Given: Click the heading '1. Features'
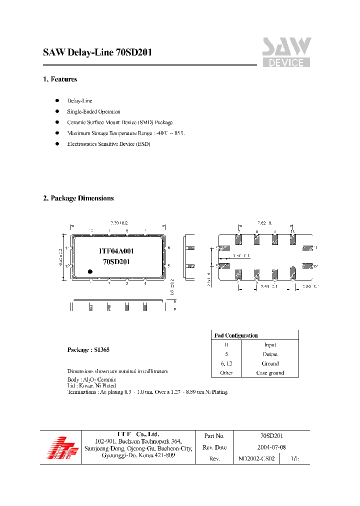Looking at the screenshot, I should pyautogui.click(x=60, y=79).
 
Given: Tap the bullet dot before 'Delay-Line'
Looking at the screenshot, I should pyautogui.click(x=57, y=100).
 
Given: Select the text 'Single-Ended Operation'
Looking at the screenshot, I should pyautogui.click(x=93, y=111).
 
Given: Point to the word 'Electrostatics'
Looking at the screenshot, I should pyautogui.click(x=83, y=144).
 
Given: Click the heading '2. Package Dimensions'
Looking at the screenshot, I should pyautogui.click(x=78, y=198).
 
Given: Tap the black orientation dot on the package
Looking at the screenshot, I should pyautogui.click(x=90, y=271).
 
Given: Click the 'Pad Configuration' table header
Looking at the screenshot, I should pyautogui.click(x=236, y=335).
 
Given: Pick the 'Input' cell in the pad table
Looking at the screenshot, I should pyautogui.click(x=270, y=345).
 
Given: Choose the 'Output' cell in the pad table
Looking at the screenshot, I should pyautogui.click(x=270, y=354).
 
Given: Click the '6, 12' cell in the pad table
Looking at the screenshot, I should pyautogui.click(x=226, y=364).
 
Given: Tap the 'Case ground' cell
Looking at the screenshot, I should pyautogui.click(x=270, y=373).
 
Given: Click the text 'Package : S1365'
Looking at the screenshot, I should pyautogui.click(x=88, y=350).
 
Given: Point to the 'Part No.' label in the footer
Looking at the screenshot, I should pyautogui.click(x=214, y=436).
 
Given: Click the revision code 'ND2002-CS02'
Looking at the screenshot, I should pyautogui.click(x=256, y=458).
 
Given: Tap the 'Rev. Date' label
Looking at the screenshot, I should pyautogui.click(x=214, y=447).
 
